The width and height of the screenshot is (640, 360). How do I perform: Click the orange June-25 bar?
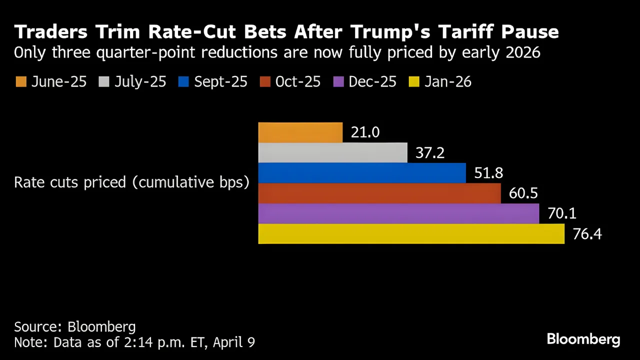click(300, 132)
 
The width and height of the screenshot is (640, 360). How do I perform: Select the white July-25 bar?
click(332, 152)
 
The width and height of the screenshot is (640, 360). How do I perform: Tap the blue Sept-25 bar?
click(361, 173)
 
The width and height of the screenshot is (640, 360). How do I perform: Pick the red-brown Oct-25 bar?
click(379, 193)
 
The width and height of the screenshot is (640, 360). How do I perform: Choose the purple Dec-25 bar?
click(398, 213)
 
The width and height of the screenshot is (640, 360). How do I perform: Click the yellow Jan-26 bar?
click(411, 234)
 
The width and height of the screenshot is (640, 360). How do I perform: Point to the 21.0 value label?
click(365, 132)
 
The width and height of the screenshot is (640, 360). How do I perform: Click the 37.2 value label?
click(430, 152)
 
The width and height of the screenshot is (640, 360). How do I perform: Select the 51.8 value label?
click(488, 173)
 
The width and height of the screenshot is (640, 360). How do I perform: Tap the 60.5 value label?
click(523, 193)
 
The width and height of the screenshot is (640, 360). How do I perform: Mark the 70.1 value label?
click(561, 213)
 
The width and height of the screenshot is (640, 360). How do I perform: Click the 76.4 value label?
click(587, 234)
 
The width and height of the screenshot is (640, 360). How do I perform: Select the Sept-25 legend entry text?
click(220, 82)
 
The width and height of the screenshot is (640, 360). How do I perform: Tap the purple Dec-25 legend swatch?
click(338, 82)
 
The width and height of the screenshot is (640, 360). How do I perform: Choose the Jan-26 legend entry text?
click(447, 82)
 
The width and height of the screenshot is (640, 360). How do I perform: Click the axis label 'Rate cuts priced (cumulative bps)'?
click(131, 182)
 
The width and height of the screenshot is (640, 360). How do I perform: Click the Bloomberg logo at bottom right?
click(583, 339)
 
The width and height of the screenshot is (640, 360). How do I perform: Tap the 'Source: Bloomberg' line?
click(75, 327)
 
